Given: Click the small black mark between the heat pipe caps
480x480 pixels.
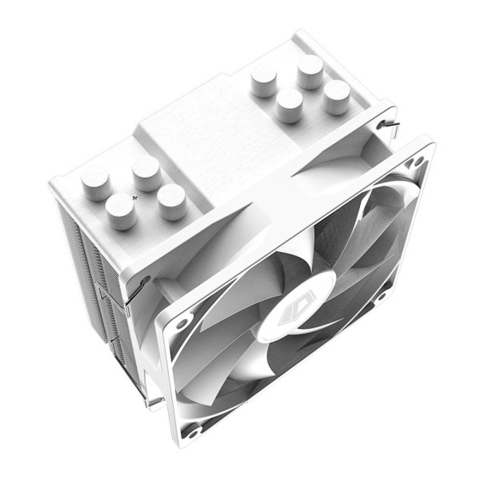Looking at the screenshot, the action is [136, 197].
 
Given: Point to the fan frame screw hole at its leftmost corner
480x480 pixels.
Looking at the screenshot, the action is [181, 324].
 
